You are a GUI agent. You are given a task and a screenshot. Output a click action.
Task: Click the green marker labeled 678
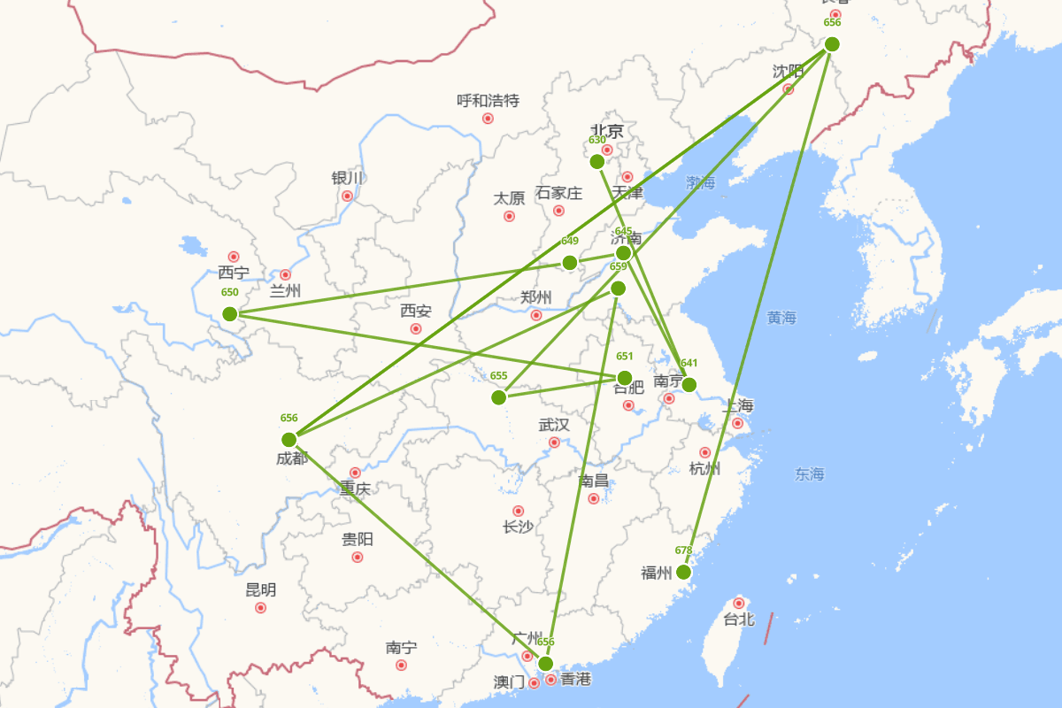pyautogui.click(x=683, y=572)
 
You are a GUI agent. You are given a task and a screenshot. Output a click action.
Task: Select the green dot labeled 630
pyautogui.click(x=597, y=161)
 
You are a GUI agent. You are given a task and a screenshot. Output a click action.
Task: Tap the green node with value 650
pyautogui.click(x=230, y=313)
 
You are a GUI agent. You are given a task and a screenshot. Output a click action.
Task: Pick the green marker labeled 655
pyautogui.click(x=499, y=397)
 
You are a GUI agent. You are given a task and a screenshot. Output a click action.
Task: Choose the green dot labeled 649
pyautogui.click(x=570, y=262)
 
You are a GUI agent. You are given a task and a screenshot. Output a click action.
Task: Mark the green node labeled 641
pyautogui.click(x=689, y=384)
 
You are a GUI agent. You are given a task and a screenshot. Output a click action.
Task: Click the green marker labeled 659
pyautogui.click(x=618, y=288)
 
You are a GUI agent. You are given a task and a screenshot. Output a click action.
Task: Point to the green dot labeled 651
pyautogui.click(x=625, y=378)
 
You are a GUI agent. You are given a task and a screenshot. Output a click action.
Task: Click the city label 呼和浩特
pyautogui.click(x=488, y=101)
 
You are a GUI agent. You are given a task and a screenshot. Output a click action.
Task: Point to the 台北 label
pyautogui.click(x=739, y=619)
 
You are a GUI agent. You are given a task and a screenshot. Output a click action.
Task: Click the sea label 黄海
pyautogui.click(x=782, y=318)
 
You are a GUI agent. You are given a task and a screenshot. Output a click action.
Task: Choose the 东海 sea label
pyautogui.click(x=809, y=474)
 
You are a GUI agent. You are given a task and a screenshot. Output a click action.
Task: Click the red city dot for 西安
pyautogui.click(x=416, y=329)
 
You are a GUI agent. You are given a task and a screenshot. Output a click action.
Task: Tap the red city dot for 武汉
pyautogui.click(x=555, y=442)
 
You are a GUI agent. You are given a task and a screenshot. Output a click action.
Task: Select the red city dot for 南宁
pyautogui.click(x=401, y=665)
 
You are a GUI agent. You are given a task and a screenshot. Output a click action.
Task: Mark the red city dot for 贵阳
pyautogui.click(x=358, y=557)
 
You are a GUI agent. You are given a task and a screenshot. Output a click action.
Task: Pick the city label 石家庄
pyautogui.click(x=558, y=193)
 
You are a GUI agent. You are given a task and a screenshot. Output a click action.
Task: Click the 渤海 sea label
pyautogui.click(x=700, y=183)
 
